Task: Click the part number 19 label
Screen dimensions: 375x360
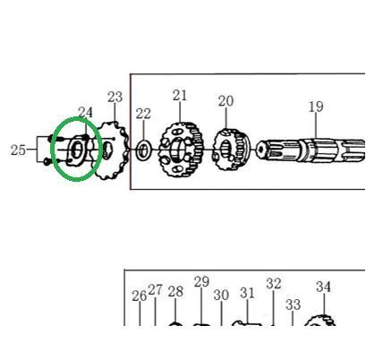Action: [x=316, y=107]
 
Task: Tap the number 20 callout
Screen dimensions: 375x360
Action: [x=226, y=101]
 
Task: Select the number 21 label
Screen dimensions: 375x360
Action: [x=180, y=96]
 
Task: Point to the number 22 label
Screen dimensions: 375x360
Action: [x=143, y=114]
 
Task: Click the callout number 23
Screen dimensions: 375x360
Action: [x=115, y=98]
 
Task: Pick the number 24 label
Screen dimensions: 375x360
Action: [x=85, y=113]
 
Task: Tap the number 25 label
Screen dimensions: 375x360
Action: [x=18, y=150]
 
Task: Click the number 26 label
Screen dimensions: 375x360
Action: [x=140, y=296]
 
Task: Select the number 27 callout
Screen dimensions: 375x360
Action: [x=155, y=290]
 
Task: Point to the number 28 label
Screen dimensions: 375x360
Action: [x=175, y=292]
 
